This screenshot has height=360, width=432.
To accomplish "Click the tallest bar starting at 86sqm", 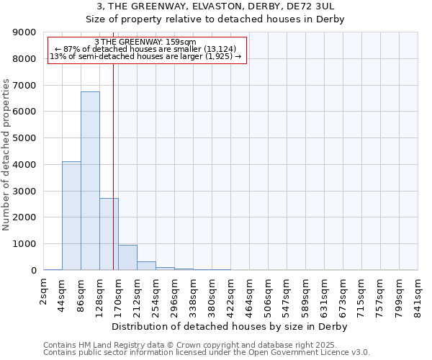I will tap(90, 181).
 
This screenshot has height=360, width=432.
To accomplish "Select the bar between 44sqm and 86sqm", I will tap(71, 216).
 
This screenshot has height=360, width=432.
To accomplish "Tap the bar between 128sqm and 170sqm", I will tap(109, 234).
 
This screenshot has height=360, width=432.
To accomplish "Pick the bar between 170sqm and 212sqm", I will tap(127, 258).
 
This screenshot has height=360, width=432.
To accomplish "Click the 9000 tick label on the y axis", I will tap(24, 32).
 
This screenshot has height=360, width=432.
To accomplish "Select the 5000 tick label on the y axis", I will tap(24, 138).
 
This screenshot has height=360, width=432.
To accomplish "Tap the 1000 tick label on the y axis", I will tap(24, 244).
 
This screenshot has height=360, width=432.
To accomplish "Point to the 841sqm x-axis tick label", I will tap(418, 294).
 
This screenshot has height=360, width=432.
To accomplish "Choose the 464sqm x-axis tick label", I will tap(250, 294).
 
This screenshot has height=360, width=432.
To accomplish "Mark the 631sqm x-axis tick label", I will tap(325, 294).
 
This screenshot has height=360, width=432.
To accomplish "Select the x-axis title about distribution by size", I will tap(230, 327).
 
